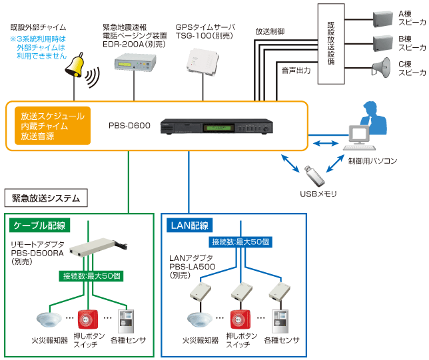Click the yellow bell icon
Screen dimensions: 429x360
(x=75, y=65)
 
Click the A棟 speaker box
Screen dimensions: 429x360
(x=383, y=19)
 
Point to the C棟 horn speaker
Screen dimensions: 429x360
(x=381, y=67)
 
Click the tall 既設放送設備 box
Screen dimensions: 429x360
(x=331, y=44)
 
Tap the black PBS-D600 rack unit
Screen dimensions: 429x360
(x=216, y=126)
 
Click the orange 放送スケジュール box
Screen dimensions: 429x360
(x=53, y=126)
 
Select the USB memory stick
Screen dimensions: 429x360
(x=314, y=175)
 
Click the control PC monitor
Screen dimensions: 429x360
(x=358, y=135)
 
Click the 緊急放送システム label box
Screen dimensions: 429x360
(x=46, y=198)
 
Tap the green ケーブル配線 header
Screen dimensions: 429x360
(x=40, y=225)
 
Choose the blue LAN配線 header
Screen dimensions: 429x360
(x=189, y=226)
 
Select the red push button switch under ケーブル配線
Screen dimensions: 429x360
(x=88, y=319)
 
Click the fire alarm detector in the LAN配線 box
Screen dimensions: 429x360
(x=200, y=319)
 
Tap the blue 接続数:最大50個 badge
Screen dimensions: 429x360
(x=240, y=242)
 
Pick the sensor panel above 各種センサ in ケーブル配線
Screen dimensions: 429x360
(x=126, y=321)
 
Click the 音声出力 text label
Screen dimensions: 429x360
(x=296, y=71)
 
